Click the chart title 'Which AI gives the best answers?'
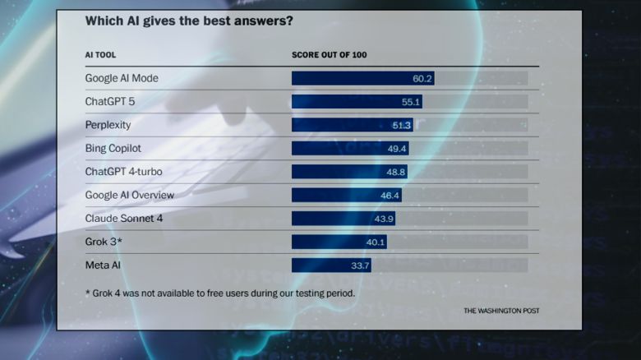pos(189,21)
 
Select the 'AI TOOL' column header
pos(100,55)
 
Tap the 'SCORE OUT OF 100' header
pos(329,55)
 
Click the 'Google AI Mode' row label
pos(122,78)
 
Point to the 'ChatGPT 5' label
pos(110,102)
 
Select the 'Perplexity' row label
pos(108,125)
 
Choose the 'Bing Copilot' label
pos(113,149)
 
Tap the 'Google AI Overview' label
pos(130,196)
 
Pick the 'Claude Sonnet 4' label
pos(122,219)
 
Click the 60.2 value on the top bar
pos(422,79)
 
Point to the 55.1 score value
pos(411,102)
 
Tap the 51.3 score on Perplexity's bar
pos(402,125)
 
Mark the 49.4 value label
pos(398,149)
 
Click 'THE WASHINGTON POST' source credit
pos(501,311)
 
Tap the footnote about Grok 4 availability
pos(220,293)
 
